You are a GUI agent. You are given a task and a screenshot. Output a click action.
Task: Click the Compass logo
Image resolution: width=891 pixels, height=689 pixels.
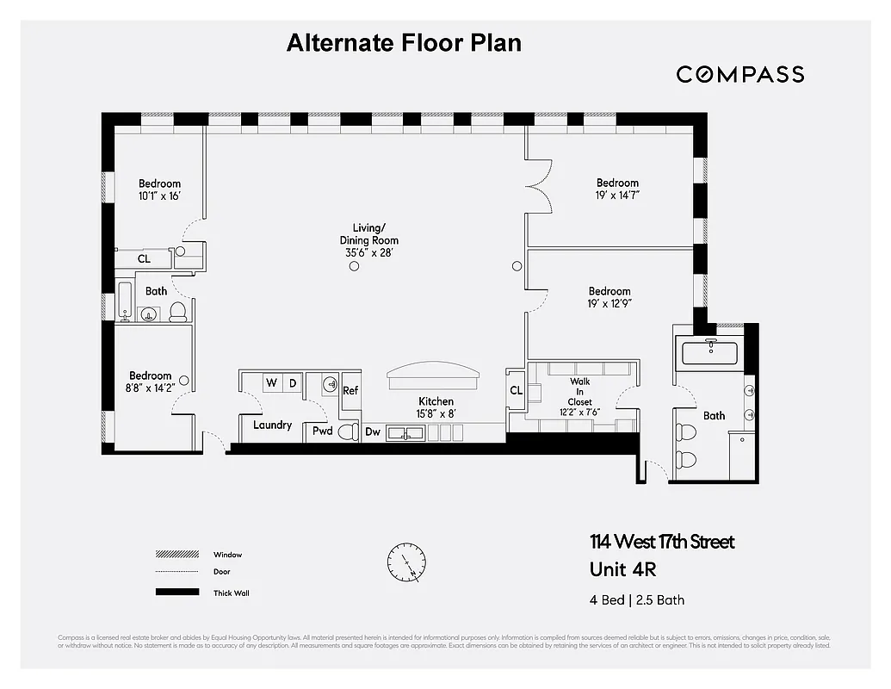coord(739,74)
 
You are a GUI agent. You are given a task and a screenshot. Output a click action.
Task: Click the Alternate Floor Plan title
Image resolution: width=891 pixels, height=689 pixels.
coord(404,43)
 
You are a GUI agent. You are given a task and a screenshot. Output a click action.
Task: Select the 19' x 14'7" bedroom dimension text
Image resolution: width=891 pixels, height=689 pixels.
coord(617,196)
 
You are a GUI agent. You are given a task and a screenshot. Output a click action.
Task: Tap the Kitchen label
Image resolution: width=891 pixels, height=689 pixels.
coord(436,401)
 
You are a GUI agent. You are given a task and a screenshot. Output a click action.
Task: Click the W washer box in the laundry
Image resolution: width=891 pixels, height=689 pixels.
coord(270,382)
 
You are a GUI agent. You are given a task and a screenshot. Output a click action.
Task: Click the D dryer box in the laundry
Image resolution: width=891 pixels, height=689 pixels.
coord(293,382)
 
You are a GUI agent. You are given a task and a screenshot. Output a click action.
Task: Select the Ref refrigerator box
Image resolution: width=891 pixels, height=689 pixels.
coord(350,390)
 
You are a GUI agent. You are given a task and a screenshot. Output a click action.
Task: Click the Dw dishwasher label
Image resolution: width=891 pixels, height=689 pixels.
coord(373,431)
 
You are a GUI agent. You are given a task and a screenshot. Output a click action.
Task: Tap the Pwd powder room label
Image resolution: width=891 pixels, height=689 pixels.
coord(322,431)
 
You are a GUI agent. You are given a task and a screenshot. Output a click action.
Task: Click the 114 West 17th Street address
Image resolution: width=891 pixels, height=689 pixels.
coord(661,542)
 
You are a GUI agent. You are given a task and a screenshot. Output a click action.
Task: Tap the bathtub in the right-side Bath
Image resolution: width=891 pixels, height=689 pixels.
coord(711,353)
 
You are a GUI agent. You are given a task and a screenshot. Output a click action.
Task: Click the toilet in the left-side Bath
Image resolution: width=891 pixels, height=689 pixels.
coord(178,311)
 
